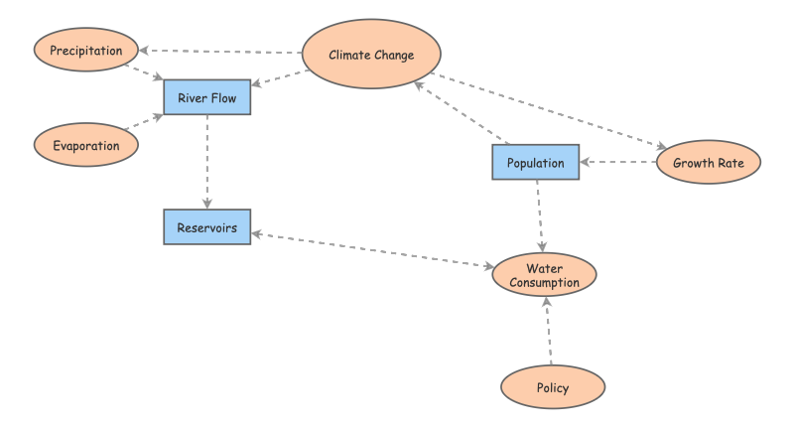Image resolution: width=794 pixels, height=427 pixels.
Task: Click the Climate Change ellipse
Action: [x=371, y=55]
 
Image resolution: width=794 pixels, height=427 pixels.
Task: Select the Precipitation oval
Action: [x=85, y=50]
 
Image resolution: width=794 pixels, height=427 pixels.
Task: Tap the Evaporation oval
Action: [x=85, y=145]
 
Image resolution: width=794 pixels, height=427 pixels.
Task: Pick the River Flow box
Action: [x=207, y=97]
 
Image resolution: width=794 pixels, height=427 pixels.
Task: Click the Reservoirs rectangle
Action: [x=207, y=227]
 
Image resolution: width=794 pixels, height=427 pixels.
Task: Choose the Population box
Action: [x=536, y=162]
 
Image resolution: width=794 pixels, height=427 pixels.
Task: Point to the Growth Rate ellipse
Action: [x=709, y=161]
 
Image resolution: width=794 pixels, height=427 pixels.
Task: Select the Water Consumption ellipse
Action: [x=545, y=275]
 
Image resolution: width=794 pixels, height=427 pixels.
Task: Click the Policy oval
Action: [x=552, y=387]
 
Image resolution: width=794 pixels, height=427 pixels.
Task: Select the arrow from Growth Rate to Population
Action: [x=618, y=161]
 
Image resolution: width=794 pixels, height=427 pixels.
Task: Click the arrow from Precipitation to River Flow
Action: [x=146, y=71]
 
